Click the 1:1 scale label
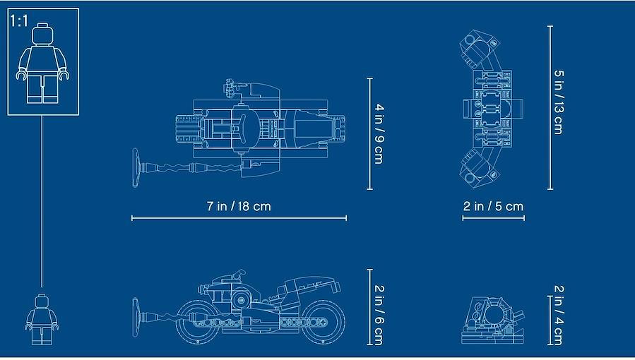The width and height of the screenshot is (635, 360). pos(19,20)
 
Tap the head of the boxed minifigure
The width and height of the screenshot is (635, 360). pos(42,34)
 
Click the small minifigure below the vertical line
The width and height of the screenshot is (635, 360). pos(42,319)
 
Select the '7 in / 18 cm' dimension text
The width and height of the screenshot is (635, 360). pos(239,206)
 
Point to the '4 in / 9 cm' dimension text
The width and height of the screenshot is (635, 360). pos(379,134)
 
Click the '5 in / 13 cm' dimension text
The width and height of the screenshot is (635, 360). pos(559,102)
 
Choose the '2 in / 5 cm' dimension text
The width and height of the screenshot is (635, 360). pos(493,206)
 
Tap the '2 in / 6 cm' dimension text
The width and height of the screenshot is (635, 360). pos(379,315)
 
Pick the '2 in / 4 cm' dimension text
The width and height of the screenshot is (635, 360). pos(559,315)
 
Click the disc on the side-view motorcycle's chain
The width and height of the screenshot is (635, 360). pos(136,317)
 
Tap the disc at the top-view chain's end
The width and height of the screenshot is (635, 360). pos(136,167)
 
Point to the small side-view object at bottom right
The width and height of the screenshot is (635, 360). pos(492,320)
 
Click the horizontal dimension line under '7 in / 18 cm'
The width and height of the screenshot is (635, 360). pos(239,218)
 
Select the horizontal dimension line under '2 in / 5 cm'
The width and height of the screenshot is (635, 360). pos(493,218)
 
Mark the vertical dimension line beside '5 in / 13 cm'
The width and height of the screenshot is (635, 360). pos(550,107)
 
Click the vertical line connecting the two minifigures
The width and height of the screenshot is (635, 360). pos(42,201)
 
